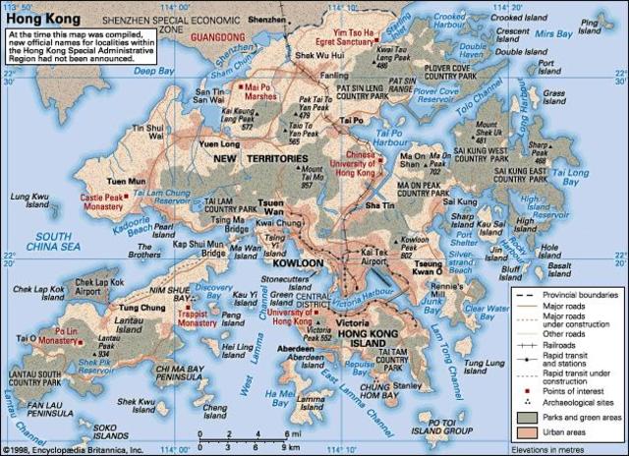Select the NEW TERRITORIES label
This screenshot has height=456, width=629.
click(260, 158)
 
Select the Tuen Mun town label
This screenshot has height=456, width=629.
click(124, 182)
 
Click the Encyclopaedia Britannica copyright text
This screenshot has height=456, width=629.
click(73, 449)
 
